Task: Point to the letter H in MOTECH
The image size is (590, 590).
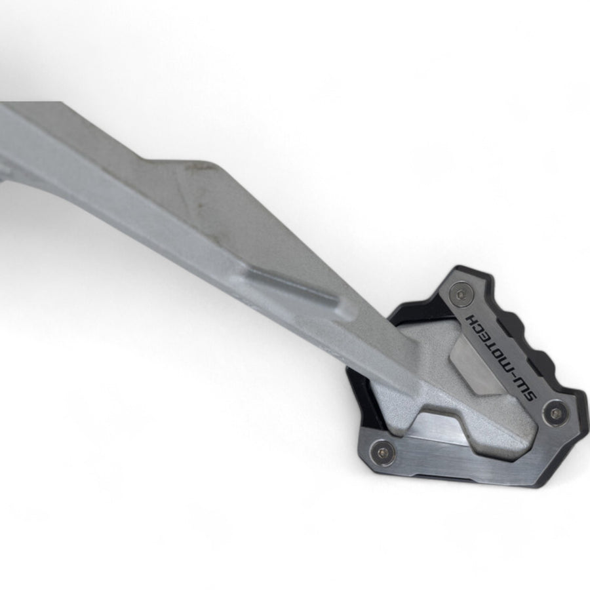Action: click(x=472, y=319)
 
